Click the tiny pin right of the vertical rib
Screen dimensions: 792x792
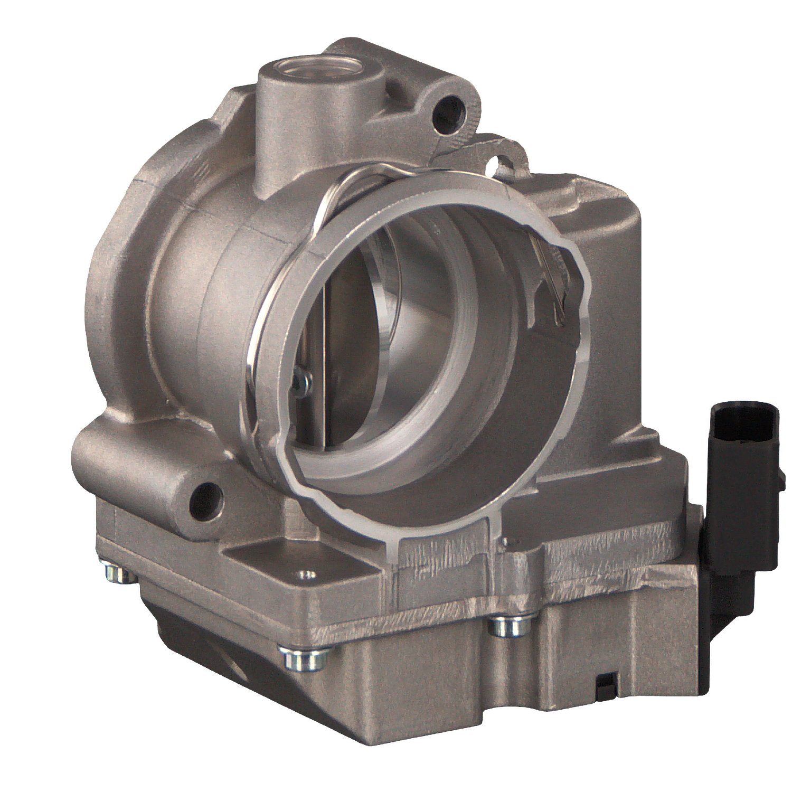(506, 541)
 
